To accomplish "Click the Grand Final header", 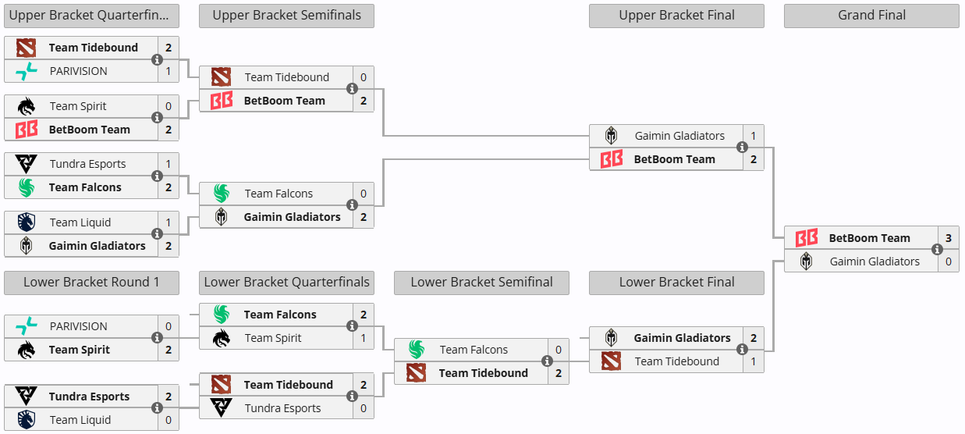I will [x=871, y=15].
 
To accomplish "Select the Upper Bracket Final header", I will [x=676, y=15].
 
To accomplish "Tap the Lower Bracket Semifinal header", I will [x=481, y=283].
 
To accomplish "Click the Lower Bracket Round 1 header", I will [x=91, y=283].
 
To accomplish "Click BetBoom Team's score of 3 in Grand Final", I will [x=948, y=238].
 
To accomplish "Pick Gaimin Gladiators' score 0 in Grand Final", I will [x=948, y=261].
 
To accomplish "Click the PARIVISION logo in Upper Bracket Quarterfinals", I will [x=27, y=71].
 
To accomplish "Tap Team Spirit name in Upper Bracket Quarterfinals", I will [x=78, y=106].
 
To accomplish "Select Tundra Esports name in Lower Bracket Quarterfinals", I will [x=282, y=408].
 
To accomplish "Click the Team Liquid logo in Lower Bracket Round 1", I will [x=27, y=420].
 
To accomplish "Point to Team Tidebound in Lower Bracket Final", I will [x=676, y=361].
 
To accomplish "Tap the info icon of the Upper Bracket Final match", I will [x=742, y=148].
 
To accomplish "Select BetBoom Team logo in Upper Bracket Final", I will [x=612, y=159].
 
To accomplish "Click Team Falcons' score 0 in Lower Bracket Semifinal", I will [x=558, y=350].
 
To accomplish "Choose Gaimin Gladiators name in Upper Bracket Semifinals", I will [x=292, y=217].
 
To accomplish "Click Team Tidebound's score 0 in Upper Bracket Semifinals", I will [x=363, y=77].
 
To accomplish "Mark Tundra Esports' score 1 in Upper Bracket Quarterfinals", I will [x=168, y=164].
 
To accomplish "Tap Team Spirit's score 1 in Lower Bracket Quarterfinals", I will [x=363, y=338].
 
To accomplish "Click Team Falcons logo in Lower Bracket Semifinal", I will [x=417, y=350].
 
